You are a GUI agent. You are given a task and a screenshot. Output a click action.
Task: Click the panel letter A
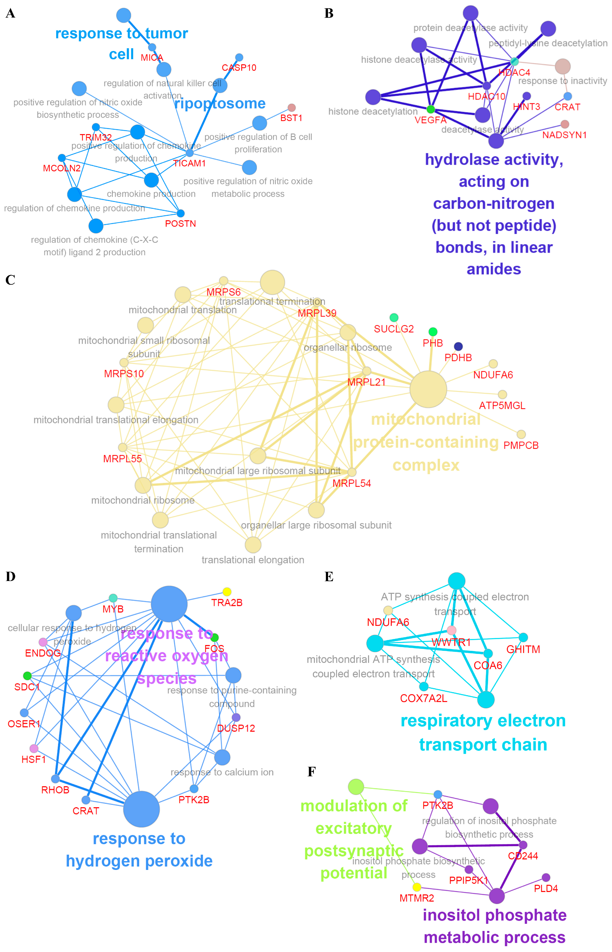(x=10, y=13)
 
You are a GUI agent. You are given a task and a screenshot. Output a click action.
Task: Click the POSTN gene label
(x=181, y=224)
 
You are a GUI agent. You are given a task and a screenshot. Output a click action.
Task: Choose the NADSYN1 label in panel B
(x=564, y=135)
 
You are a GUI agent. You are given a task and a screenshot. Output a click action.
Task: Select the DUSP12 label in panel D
(x=236, y=728)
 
